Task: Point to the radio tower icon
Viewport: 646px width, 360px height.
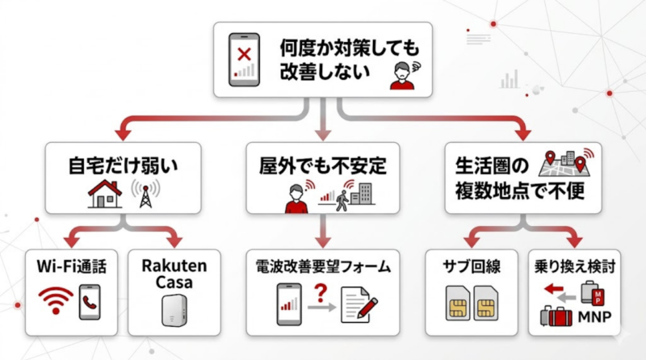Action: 146,194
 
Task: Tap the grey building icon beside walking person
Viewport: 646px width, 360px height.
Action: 365,195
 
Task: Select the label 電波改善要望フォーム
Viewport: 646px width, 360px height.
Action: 323,267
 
